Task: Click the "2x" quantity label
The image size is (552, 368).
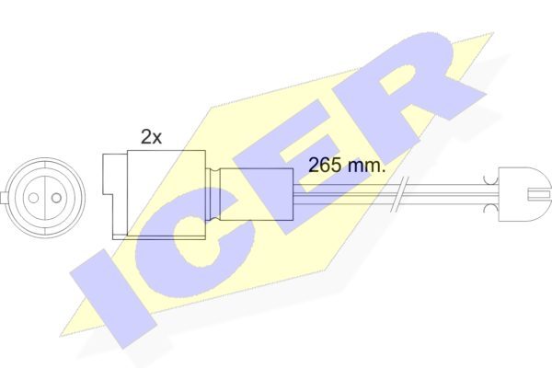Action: coord(151,137)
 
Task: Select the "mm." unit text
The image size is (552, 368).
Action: coord(366,166)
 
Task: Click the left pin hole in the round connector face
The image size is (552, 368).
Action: coord(33,198)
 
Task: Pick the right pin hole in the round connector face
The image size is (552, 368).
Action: coord(56,198)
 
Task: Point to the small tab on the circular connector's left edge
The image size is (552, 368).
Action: coord(3,198)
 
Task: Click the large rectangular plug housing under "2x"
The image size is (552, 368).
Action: coord(167,193)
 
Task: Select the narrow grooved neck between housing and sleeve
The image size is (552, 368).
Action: coord(213,194)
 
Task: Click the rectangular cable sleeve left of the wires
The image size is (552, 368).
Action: coord(257,194)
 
